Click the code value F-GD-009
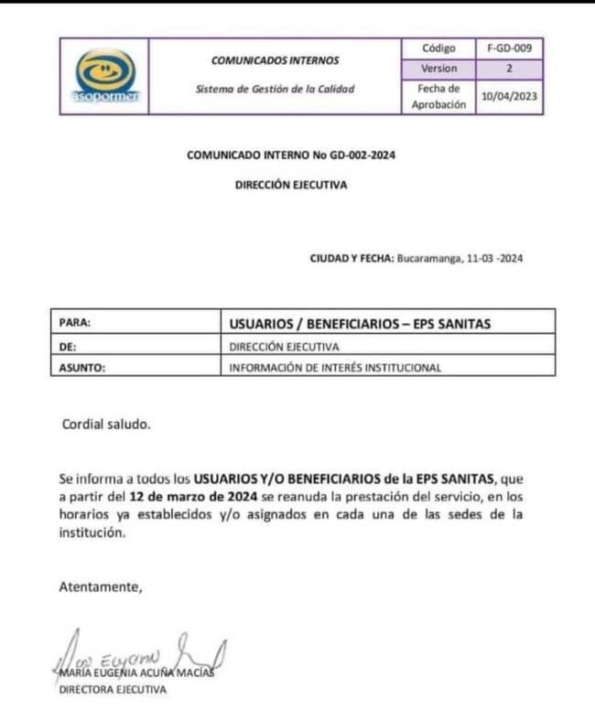pos(509,48)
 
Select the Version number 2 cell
pos(509,69)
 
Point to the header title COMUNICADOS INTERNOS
pos(275,60)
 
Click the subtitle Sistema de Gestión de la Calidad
pos(275,90)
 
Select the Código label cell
pos(439,48)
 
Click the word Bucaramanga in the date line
pos(429,258)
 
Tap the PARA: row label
pos(75,322)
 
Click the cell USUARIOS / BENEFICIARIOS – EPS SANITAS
pos(361,322)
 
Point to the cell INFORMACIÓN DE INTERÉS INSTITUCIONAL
pos(335,368)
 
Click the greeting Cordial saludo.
pos(103,425)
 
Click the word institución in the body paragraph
pos(90,533)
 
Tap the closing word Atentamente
pos(101,586)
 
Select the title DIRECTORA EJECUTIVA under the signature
pos(113,690)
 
